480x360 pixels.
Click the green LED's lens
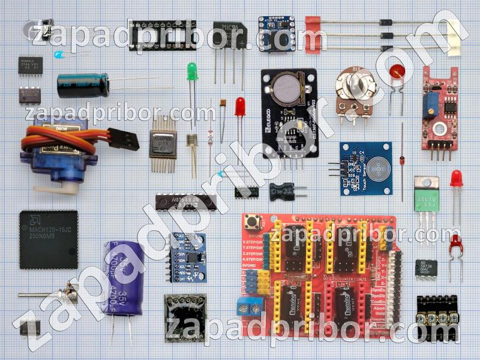tap(192, 71)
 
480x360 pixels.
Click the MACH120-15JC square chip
tap(49, 239)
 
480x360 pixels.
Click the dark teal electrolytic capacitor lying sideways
tap(83, 85)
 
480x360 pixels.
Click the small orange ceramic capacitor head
tap(223, 103)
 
